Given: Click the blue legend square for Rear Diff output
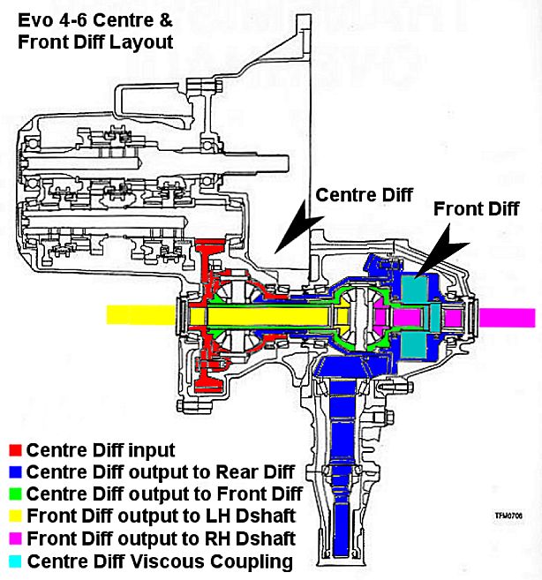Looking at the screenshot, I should pyautogui.click(x=14, y=471).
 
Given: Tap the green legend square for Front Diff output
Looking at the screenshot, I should pyautogui.click(x=14, y=493).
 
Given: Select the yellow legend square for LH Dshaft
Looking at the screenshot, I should pyautogui.click(x=14, y=516).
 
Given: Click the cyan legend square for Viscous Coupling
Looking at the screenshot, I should pyautogui.click(x=14, y=560).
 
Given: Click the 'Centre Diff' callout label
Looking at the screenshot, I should pyautogui.click(x=364, y=195).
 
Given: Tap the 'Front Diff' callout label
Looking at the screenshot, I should pyautogui.click(x=477, y=209).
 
